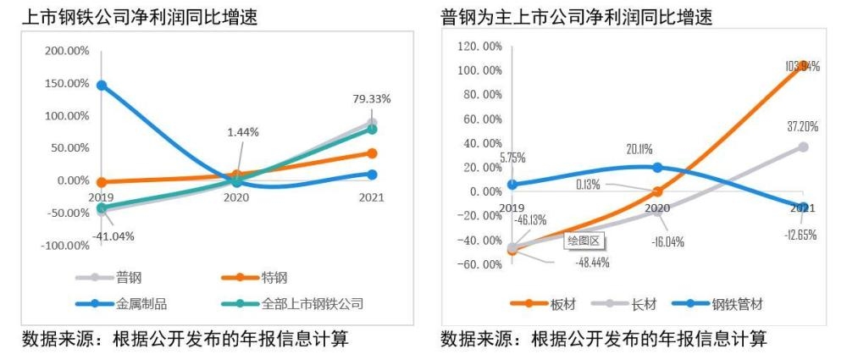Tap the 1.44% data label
tap(242, 132)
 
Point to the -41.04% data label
tap(113, 235)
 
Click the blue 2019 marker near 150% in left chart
tap(101, 85)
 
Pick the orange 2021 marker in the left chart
tap(372, 153)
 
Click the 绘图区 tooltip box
tap(583, 241)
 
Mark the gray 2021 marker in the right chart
tap(803, 147)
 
